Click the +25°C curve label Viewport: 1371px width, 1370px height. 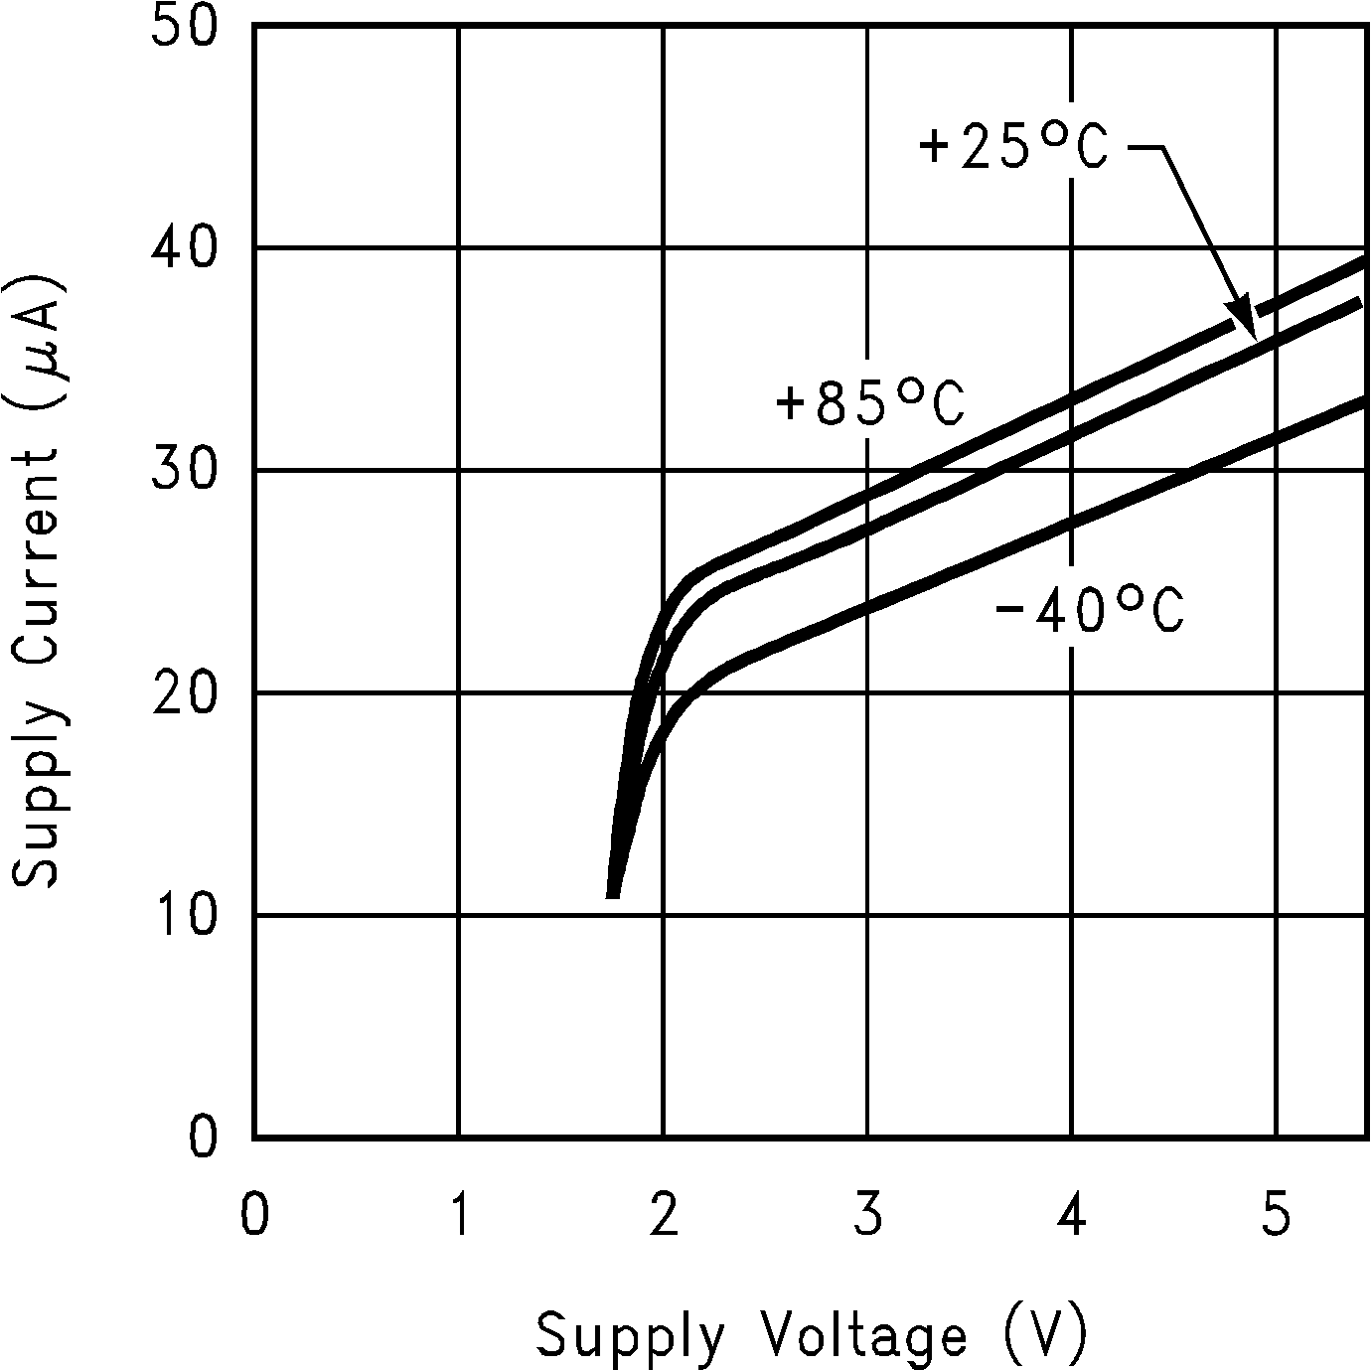click(x=1013, y=149)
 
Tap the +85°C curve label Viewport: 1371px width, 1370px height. click(x=870, y=405)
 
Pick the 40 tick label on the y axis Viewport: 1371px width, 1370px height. click(x=184, y=247)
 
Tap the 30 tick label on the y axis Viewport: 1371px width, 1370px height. click(x=184, y=470)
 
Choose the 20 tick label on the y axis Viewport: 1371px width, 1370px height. click(x=184, y=692)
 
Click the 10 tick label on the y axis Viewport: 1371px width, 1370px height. click(x=184, y=915)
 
